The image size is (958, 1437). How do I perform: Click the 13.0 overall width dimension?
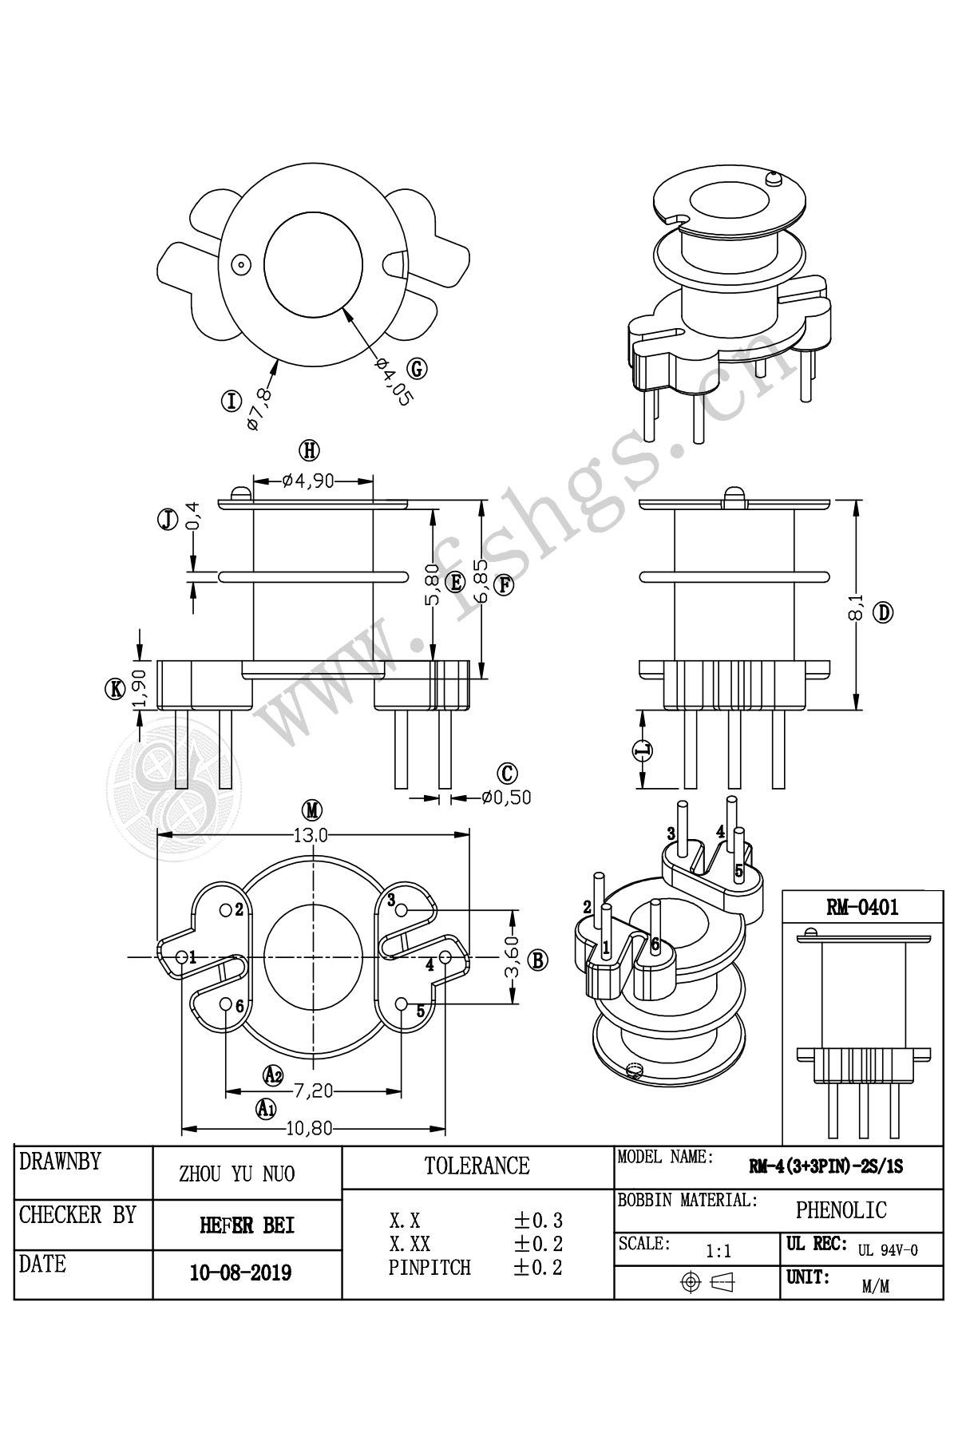click(x=311, y=836)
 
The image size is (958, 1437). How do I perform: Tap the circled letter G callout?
click(x=417, y=369)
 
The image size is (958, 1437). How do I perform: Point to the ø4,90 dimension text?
click(x=307, y=481)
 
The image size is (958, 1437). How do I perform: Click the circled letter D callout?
click(x=883, y=614)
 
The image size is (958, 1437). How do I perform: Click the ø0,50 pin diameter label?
click(x=506, y=797)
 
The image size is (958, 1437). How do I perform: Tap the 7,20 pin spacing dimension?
click(x=314, y=1090)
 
